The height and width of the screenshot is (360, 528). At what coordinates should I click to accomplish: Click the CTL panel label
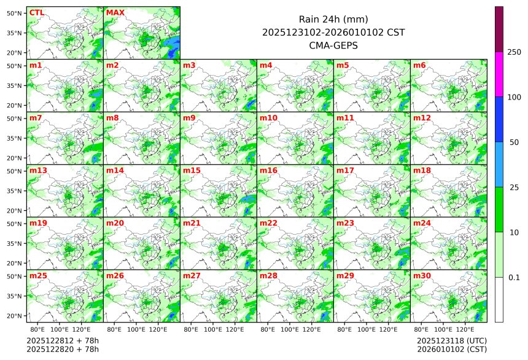(x=37, y=12)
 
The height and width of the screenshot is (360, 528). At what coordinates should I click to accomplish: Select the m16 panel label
(x=268, y=170)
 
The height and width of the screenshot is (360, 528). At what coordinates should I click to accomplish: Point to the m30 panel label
(x=422, y=276)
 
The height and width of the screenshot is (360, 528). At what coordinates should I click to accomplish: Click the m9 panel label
(x=189, y=117)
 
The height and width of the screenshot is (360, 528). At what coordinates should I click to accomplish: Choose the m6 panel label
(x=419, y=65)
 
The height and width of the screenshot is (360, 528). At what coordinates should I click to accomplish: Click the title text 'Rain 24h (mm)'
(x=333, y=19)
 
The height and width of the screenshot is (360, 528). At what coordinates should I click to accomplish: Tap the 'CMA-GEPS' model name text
(x=333, y=45)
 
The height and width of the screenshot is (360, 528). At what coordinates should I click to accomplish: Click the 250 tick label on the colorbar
(x=514, y=52)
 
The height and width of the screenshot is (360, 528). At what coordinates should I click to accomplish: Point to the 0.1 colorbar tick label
(x=514, y=278)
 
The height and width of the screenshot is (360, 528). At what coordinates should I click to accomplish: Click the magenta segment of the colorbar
(x=499, y=74)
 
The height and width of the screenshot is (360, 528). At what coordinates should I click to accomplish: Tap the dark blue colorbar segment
(x=499, y=119)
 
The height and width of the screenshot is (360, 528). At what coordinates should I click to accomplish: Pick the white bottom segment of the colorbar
(x=499, y=299)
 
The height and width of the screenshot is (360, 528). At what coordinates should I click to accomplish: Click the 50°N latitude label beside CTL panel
(x=15, y=13)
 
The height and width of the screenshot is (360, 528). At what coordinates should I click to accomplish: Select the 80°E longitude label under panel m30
(x=421, y=330)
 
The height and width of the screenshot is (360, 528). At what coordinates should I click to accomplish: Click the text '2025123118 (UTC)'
(x=451, y=340)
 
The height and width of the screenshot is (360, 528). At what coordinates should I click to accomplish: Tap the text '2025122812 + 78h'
(x=63, y=340)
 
